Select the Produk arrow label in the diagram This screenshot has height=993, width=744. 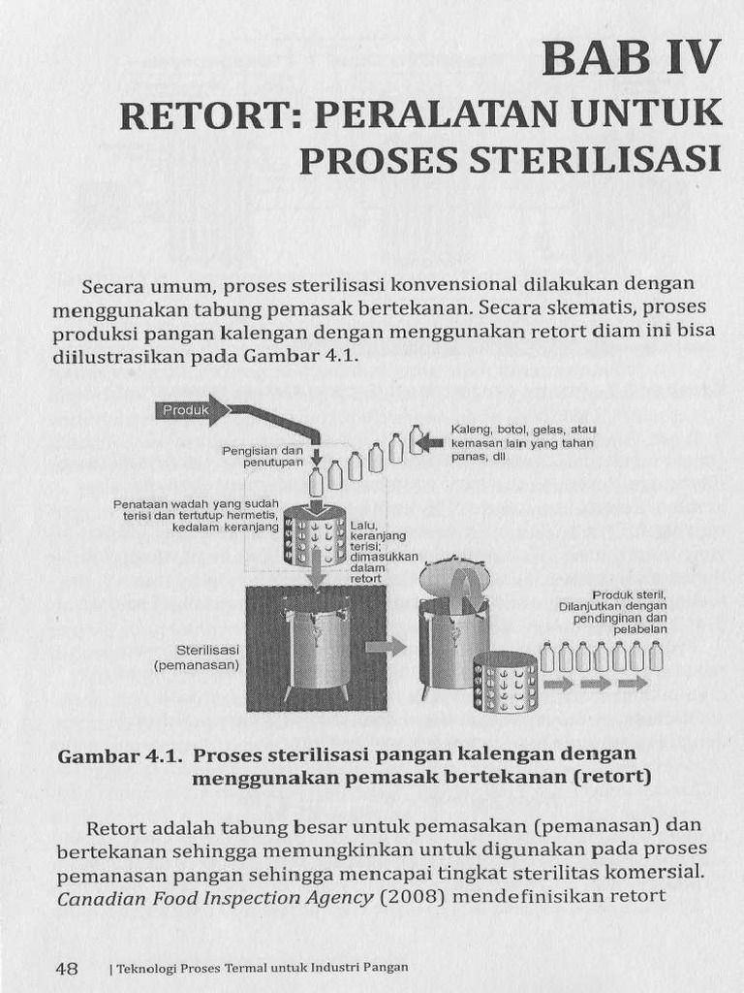pyautogui.click(x=186, y=410)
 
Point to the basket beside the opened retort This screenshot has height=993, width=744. pyautogui.click(x=506, y=682)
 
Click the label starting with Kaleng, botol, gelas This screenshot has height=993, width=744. pyautogui.click(x=523, y=442)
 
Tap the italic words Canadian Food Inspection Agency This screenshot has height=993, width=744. pyautogui.click(x=215, y=897)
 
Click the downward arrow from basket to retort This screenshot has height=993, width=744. pyautogui.click(x=316, y=576)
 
